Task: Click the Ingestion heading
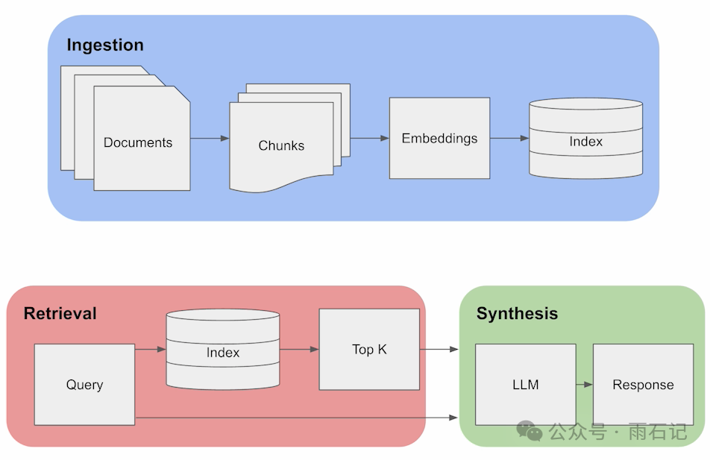[105, 45]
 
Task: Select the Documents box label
[138, 142]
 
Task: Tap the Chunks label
[281, 145]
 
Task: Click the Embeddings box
[440, 138]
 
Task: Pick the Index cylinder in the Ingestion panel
[586, 138]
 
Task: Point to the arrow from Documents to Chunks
[210, 138]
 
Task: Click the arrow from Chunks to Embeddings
[370, 138]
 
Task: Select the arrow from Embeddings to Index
[509, 138]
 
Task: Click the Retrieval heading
[60, 313]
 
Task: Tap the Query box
[85, 385]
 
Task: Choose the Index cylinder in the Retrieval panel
[223, 349]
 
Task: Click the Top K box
[369, 349]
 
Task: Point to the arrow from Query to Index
[151, 349]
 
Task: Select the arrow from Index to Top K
[299, 349]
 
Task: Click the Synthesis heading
[517, 313]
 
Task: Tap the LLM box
[526, 385]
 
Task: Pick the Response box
[644, 385]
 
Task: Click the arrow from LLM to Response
[585, 385]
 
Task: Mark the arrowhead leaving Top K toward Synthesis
[454, 349]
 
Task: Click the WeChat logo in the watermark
[530, 431]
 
